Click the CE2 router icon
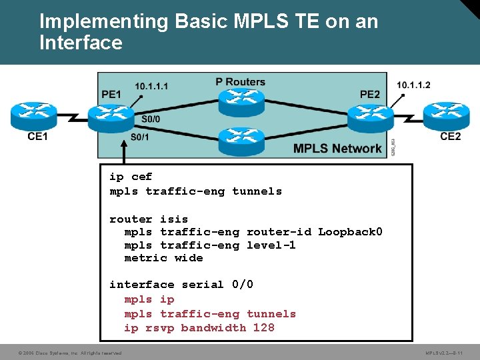click(x=447, y=116)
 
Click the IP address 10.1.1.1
click(x=151, y=86)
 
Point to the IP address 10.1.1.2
click(x=413, y=85)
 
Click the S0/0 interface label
click(x=151, y=119)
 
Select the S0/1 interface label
click(x=140, y=138)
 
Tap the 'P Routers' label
click(x=240, y=82)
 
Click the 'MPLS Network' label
click(x=337, y=149)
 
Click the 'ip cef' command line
click(x=131, y=177)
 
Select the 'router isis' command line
click(x=149, y=219)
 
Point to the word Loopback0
click(x=350, y=232)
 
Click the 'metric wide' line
click(x=163, y=258)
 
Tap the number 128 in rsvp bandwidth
click(x=263, y=327)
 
